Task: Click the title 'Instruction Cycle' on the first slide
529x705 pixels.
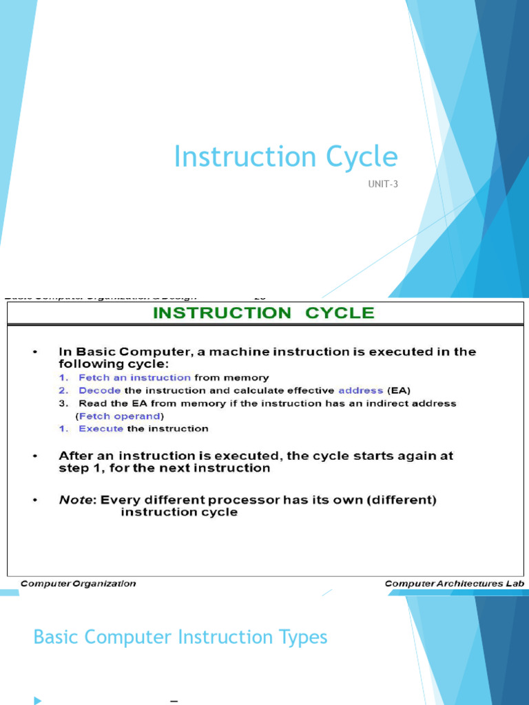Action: (286, 157)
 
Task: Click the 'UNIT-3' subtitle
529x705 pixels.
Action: (383, 185)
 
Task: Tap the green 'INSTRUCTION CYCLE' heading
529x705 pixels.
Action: (263, 313)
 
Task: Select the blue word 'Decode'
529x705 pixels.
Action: (100, 390)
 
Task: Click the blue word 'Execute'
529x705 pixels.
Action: (101, 428)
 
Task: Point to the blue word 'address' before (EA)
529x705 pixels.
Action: (361, 390)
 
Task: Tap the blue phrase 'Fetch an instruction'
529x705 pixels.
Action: (134, 377)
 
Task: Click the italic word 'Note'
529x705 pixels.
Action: (75, 500)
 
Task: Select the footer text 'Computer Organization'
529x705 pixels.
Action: (78, 583)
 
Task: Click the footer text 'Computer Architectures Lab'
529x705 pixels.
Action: (455, 583)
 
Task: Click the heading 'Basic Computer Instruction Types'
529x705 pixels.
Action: (180, 637)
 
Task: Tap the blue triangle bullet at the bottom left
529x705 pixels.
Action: (37, 700)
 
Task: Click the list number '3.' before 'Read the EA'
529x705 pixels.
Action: (63, 403)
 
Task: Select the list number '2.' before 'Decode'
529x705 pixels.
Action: (63, 390)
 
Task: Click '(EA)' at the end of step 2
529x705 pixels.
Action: (399, 390)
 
